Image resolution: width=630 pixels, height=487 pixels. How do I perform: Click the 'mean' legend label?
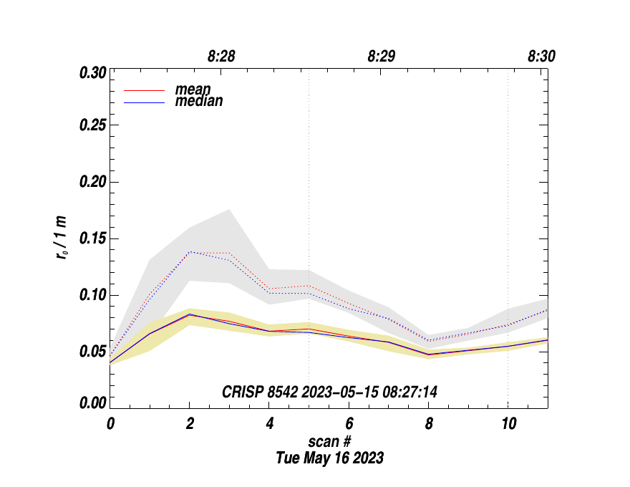(x=193, y=90)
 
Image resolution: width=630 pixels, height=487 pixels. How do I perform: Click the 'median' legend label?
(x=198, y=102)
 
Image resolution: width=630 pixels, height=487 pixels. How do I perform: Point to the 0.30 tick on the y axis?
(x=92, y=73)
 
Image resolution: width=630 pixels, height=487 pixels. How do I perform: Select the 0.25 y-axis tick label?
(x=92, y=125)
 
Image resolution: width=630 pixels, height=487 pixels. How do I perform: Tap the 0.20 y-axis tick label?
(x=92, y=182)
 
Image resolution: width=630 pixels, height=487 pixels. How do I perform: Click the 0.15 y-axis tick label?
(x=92, y=238)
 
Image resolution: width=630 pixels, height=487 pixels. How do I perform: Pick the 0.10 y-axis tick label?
(x=92, y=295)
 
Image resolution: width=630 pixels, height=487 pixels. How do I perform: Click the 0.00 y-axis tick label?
(x=92, y=403)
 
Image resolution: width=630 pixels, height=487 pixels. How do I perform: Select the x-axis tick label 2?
(x=190, y=424)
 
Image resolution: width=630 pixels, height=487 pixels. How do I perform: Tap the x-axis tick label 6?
(x=349, y=424)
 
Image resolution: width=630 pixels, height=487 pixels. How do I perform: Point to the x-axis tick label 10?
(x=508, y=424)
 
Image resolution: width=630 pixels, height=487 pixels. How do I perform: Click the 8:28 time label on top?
(x=222, y=57)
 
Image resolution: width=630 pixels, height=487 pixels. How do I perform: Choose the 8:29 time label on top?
(x=382, y=57)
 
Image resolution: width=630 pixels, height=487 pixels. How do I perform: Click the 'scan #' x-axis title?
(x=329, y=442)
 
